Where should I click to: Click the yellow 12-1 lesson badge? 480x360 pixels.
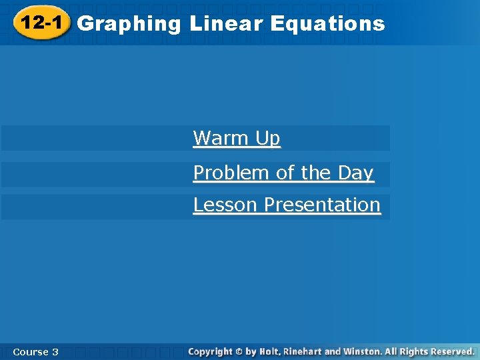pyautogui.click(x=41, y=23)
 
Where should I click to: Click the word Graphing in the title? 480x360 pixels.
pyautogui.click(x=129, y=24)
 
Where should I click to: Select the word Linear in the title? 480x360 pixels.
pyautogui.click(x=227, y=24)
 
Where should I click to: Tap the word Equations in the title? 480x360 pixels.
pyautogui.click(x=328, y=24)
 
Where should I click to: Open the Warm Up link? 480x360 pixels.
pyautogui.click(x=237, y=138)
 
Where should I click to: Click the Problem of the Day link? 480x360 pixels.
pyautogui.click(x=283, y=173)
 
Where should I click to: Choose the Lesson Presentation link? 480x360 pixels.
pyautogui.click(x=287, y=205)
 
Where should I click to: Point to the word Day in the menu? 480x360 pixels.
pyautogui.click(x=355, y=173)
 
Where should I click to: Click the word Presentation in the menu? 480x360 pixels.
pyautogui.click(x=322, y=205)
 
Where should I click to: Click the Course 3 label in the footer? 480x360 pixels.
pyautogui.click(x=35, y=351)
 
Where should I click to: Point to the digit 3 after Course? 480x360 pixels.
pyautogui.click(x=55, y=351)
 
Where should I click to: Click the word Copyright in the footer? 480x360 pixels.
pyautogui.click(x=211, y=351)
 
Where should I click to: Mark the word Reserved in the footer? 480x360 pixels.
pyautogui.click(x=452, y=351)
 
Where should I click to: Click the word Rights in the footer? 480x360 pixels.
pyautogui.click(x=414, y=351)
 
